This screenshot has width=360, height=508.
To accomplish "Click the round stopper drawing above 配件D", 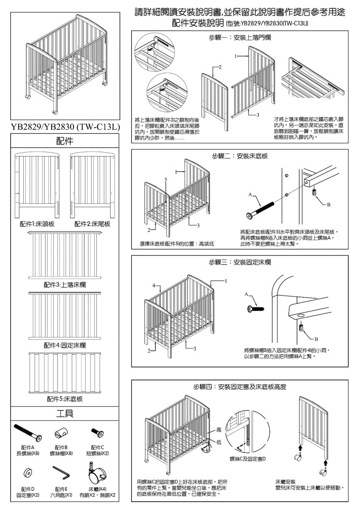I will click(x=28, y=472).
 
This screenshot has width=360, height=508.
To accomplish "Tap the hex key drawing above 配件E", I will click(x=62, y=473).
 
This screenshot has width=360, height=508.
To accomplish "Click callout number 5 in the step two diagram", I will click(x=165, y=179).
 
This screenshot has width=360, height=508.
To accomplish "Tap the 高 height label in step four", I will click(x=219, y=430).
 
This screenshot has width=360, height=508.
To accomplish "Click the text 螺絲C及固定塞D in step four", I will click(x=247, y=459).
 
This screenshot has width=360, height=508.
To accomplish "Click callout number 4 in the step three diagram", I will click(x=154, y=286).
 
